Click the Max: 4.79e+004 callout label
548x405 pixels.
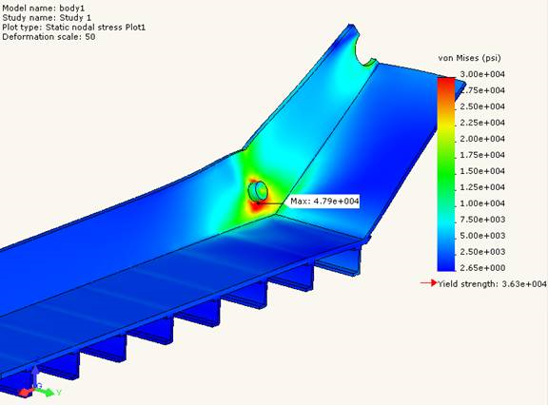[x=322, y=202]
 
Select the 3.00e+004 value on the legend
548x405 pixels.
[x=484, y=74]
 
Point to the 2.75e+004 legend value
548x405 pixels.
[x=484, y=90]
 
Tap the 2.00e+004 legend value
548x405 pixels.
[x=484, y=139]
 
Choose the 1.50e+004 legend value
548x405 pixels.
[x=484, y=171]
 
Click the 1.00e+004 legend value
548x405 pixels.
[x=484, y=203]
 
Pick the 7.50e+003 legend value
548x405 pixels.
[x=484, y=220]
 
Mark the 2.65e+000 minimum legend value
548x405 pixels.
[x=484, y=268]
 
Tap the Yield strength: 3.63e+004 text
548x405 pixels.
[x=492, y=284]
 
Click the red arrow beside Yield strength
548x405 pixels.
[x=429, y=283]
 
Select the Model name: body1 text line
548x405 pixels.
[x=44, y=7]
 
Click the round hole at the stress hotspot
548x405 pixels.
[x=258, y=191]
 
